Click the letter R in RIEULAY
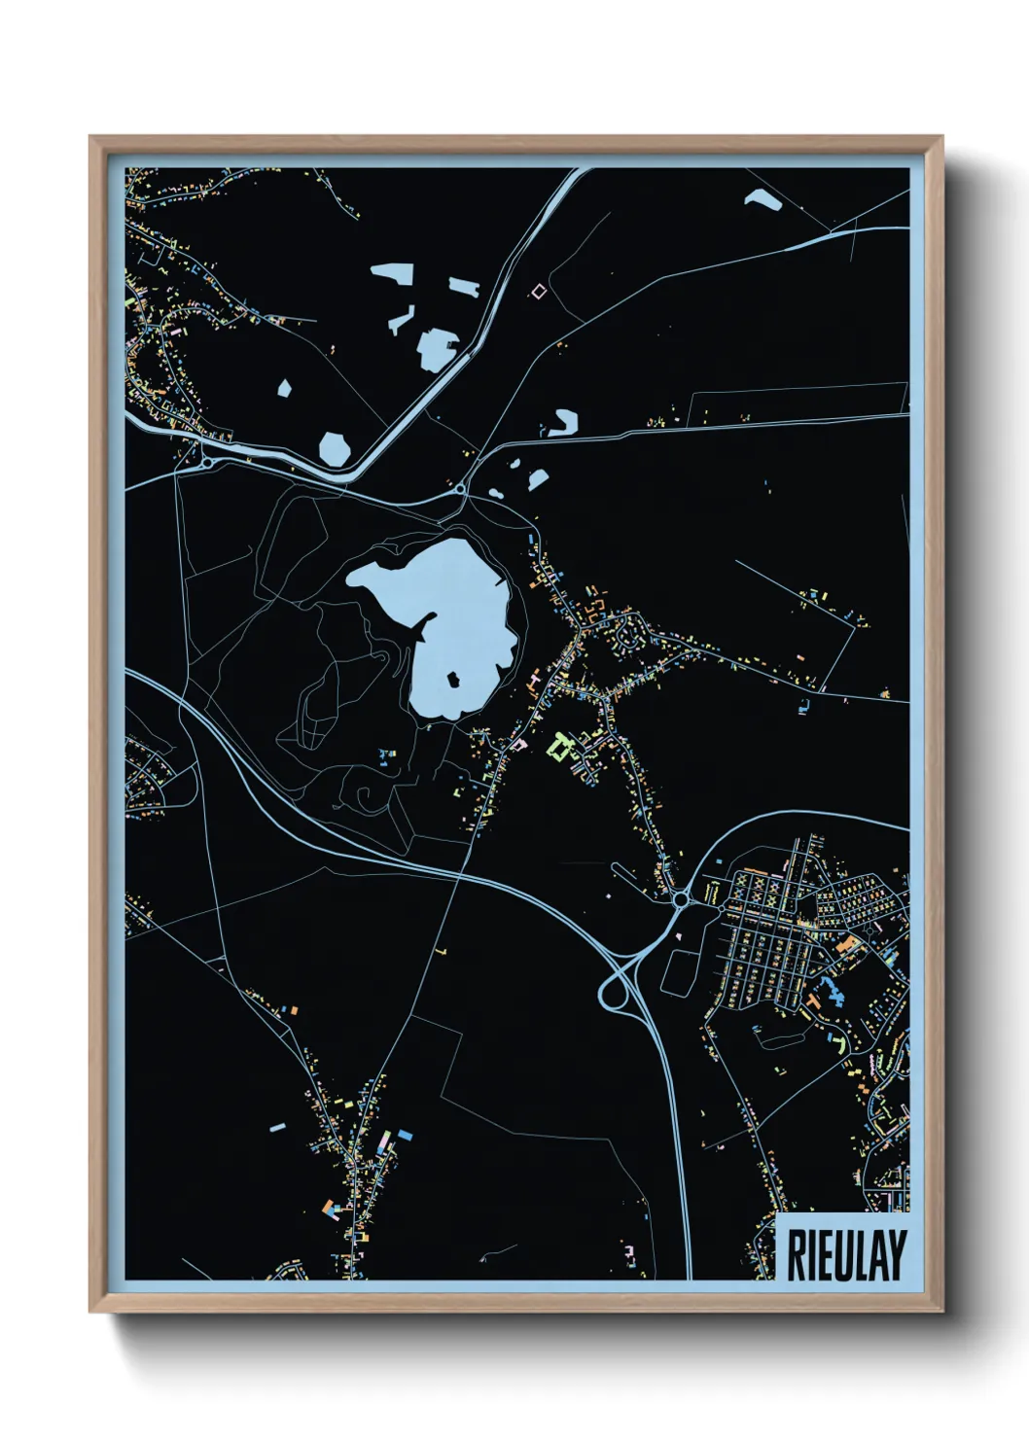[x=796, y=1254]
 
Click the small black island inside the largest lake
[x=453, y=679]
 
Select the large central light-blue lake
[x=457, y=622]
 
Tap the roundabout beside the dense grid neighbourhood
[x=680, y=901]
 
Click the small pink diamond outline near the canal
[x=538, y=290]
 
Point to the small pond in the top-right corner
[x=764, y=201]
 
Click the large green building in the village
[x=560, y=747]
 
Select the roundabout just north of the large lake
[x=460, y=490]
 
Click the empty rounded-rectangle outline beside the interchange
[x=679, y=970]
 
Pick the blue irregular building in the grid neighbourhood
[x=831, y=993]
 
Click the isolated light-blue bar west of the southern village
[x=277, y=1127]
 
